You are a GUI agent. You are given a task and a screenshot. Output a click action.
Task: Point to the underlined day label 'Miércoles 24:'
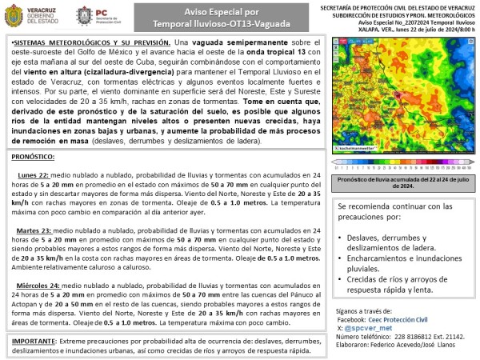38,285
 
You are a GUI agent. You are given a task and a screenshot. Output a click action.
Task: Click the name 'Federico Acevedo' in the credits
404,345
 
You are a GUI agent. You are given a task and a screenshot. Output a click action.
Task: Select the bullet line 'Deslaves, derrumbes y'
393,237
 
